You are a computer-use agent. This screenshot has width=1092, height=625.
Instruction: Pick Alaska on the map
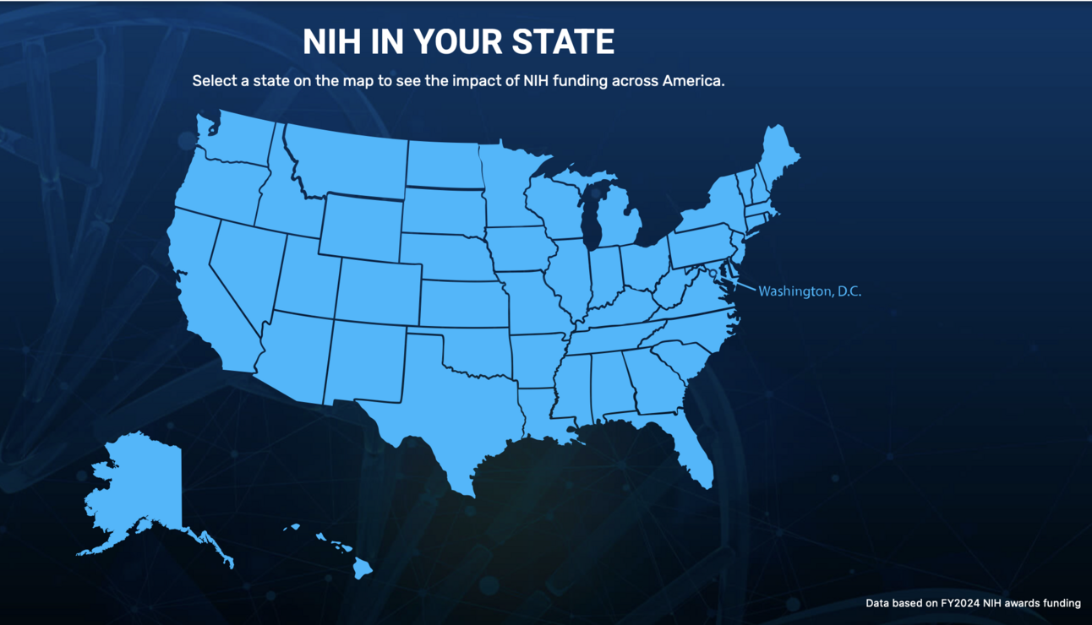[x=139, y=490]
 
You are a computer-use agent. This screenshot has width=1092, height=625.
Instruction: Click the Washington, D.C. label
[x=810, y=291]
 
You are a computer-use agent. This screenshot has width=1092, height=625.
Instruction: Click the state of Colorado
[x=378, y=291]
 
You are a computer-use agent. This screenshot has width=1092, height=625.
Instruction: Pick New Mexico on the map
[x=363, y=359]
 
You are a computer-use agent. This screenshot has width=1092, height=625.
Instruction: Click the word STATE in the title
[x=561, y=41]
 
